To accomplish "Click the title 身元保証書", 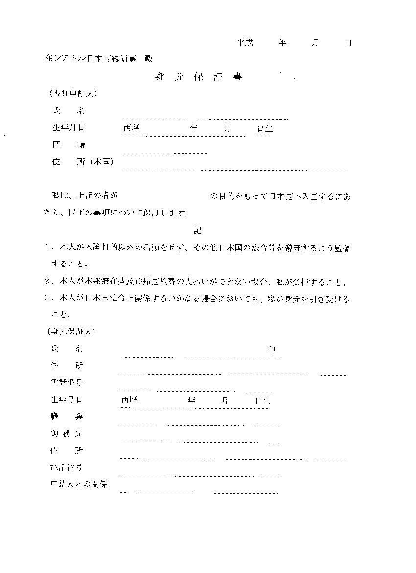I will click(x=198, y=77).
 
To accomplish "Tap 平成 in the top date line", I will click(x=245, y=43).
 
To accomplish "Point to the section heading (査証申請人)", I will click(x=72, y=93).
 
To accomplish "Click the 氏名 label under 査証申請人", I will click(x=69, y=111).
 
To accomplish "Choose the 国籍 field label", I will click(x=69, y=145).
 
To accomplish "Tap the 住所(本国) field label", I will click(x=83, y=162).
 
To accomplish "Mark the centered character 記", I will click(x=198, y=230).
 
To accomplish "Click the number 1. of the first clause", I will click(x=48, y=248).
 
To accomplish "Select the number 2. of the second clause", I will click(x=48, y=282).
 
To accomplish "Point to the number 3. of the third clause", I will click(x=48, y=299).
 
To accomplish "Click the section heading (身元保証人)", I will click(x=71, y=332).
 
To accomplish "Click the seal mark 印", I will click(x=271, y=350).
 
